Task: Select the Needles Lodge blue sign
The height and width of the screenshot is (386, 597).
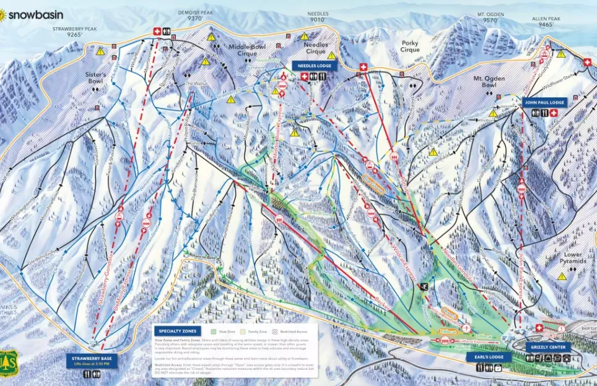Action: tap(314, 66)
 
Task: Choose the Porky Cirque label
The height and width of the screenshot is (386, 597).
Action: tap(409, 46)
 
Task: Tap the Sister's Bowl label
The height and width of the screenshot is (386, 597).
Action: tap(96, 78)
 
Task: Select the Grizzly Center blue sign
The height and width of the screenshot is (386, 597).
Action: tap(547, 348)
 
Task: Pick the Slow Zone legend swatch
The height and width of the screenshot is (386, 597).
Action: tap(213, 331)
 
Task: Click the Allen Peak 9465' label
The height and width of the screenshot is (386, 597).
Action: tap(546, 22)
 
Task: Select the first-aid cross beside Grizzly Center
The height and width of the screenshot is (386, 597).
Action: tap(538, 328)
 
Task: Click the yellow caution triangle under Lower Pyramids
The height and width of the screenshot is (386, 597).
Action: tap(561, 276)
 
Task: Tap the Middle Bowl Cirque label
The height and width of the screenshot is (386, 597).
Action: tap(247, 50)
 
